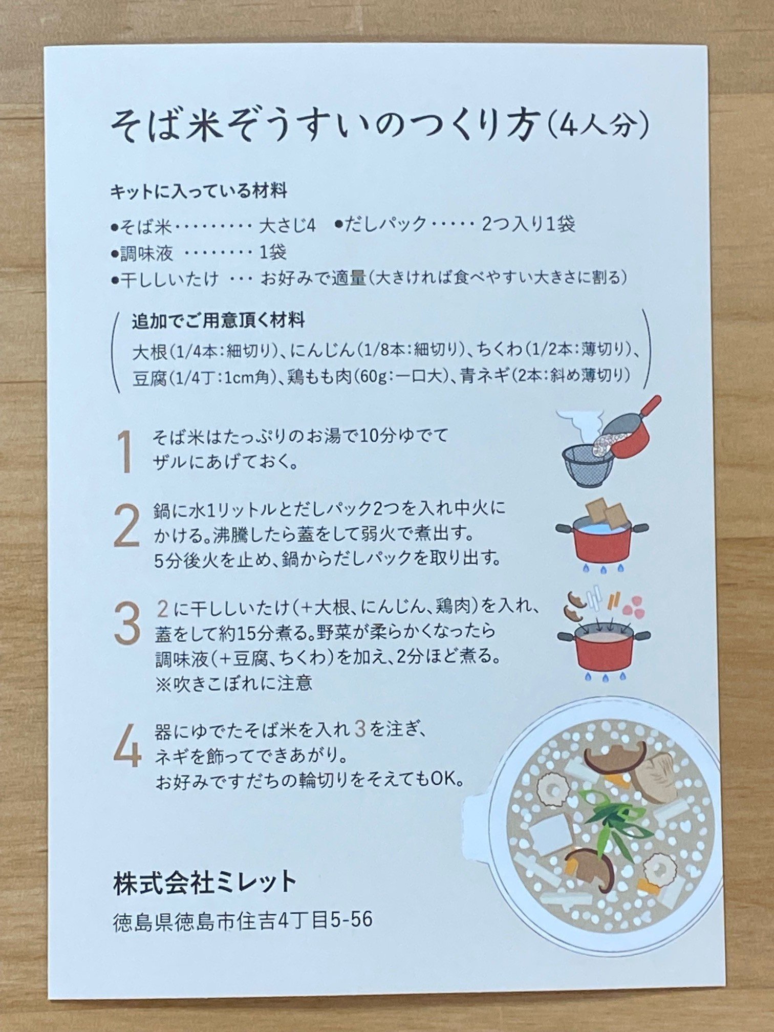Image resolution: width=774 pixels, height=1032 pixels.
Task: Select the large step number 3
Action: (x=126, y=623)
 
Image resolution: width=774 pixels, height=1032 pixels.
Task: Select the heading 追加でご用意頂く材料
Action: (x=218, y=321)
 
